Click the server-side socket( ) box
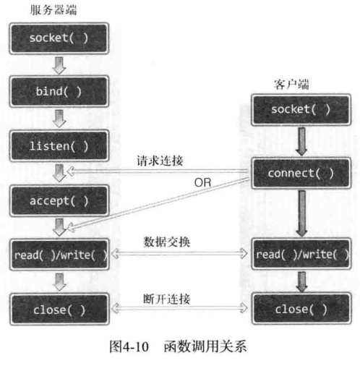[59, 38]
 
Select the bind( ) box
[59, 91]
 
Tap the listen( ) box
[59, 146]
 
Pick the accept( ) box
[59, 200]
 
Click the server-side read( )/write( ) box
[59, 255]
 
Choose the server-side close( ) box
[59, 310]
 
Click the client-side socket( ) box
[301, 110]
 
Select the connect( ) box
[301, 173]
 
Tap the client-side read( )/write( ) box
[301, 254]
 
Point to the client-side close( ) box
[301, 309]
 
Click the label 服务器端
[53, 10]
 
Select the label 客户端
[291, 84]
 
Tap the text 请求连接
[160, 161]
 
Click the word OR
[202, 182]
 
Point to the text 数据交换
[167, 242]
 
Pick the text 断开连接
[167, 299]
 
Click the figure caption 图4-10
[129, 346]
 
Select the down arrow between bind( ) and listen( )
[59, 119]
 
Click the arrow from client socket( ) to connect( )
[301, 142]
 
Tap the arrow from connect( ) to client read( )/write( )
[301, 213]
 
